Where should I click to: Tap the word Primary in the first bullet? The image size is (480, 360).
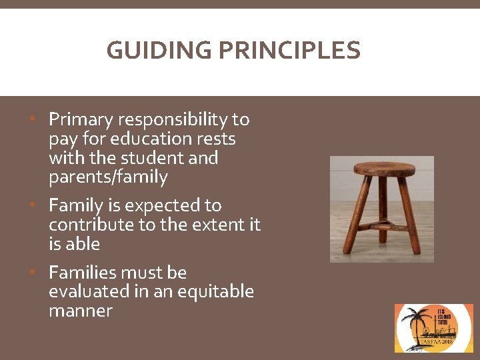(x=81, y=120)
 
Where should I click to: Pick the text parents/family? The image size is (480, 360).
(x=108, y=178)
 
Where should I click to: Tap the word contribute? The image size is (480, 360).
(x=91, y=225)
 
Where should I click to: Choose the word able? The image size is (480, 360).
(x=83, y=245)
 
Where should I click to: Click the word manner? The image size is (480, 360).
(x=81, y=311)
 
